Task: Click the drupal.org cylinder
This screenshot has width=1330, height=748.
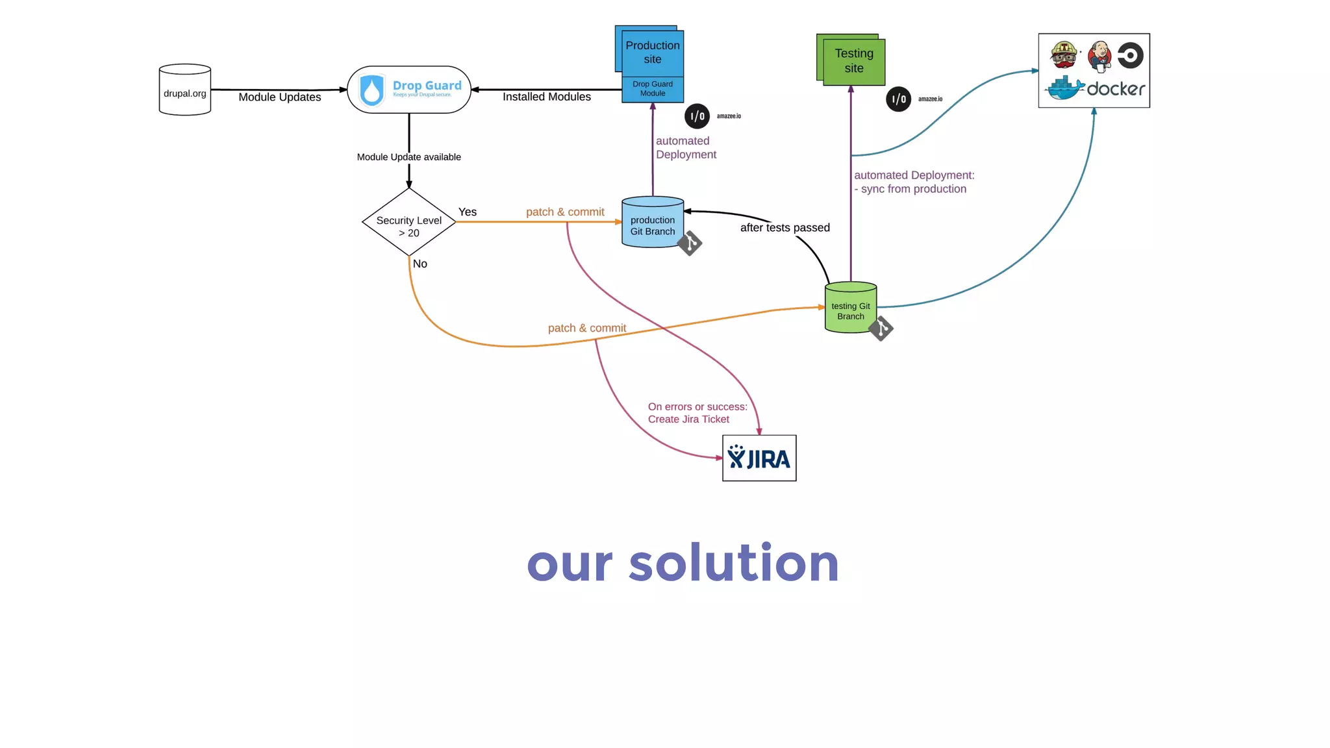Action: click(185, 90)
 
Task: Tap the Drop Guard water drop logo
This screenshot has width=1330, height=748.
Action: click(372, 90)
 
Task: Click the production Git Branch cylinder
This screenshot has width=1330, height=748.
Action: click(653, 223)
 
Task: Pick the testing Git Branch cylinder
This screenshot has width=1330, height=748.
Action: click(851, 308)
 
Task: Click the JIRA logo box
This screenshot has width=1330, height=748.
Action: click(759, 458)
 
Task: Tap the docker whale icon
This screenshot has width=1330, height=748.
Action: click(1064, 88)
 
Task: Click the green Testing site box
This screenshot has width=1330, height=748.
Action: click(854, 61)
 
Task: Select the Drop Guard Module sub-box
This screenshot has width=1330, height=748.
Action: click(653, 89)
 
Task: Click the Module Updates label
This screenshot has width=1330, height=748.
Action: click(280, 97)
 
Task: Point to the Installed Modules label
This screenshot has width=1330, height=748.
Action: click(547, 97)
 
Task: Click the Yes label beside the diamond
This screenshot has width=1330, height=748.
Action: click(468, 212)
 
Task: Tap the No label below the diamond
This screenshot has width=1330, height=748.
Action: click(420, 264)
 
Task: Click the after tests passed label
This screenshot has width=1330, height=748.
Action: click(785, 228)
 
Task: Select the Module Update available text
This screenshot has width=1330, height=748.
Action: click(409, 157)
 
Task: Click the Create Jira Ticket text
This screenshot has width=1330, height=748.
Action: click(688, 419)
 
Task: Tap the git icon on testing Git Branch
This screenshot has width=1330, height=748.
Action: click(881, 329)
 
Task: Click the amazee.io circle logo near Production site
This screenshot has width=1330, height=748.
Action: click(697, 117)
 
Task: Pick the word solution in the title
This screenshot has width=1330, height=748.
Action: click(734, 564)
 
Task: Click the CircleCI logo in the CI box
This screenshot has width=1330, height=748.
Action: click(1131, 55)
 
